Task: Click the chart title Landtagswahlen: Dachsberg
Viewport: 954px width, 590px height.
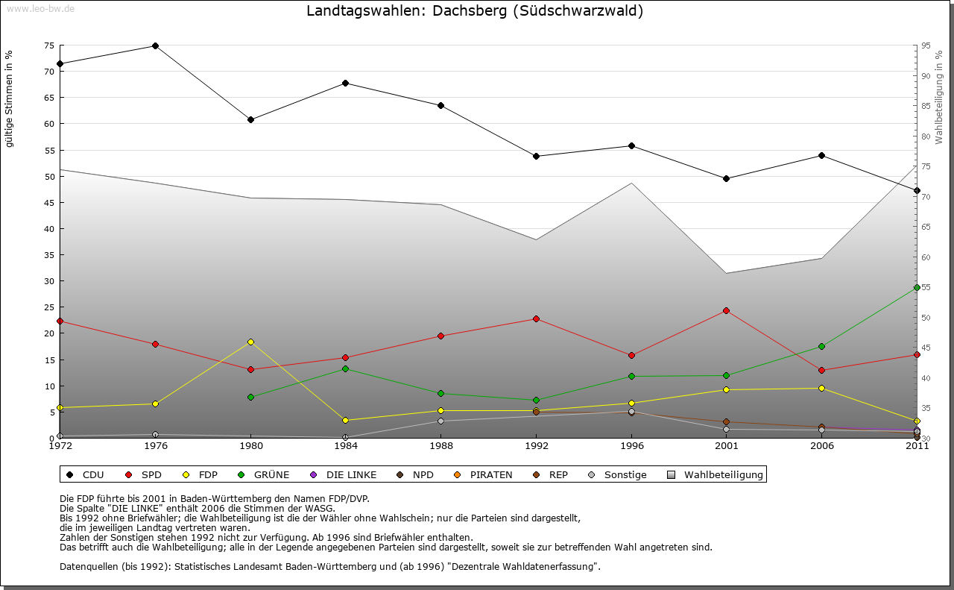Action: click(475, 11)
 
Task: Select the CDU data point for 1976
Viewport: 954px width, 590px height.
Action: click(155, 45)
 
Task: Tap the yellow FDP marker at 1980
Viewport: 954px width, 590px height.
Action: click(250, 342)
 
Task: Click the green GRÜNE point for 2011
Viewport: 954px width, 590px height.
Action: click(917, 287)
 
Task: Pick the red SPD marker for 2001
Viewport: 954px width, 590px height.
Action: click(726, 310)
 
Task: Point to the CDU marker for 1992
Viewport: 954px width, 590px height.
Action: click(536, 156)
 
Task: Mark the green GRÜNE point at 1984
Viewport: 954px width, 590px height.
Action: click(346, 368)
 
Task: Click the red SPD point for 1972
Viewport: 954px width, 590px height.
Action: click(60, 321)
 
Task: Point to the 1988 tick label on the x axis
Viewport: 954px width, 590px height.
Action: click(441, 447)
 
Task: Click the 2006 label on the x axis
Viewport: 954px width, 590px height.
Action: click(821, 447)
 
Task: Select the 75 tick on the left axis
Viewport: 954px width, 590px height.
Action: click(49, 45)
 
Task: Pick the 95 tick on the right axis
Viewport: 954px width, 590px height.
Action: click(926, 45)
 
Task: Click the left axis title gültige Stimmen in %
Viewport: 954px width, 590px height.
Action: click(10, 98)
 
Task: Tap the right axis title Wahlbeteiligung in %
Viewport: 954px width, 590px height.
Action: click(939, 97)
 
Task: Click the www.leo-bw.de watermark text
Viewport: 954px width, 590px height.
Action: click(40, 8)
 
